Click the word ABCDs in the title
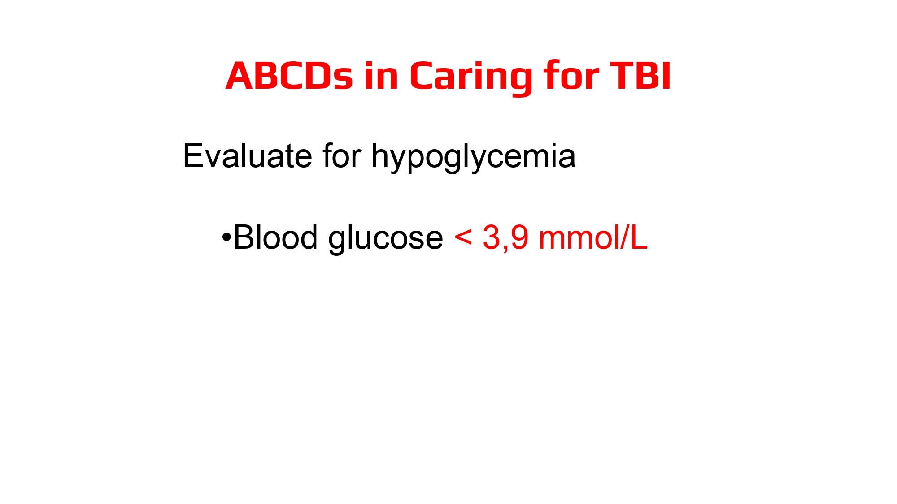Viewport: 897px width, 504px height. (x=289, y=76)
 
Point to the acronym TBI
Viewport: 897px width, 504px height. (x=640, y=76)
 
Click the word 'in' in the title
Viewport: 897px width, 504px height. (x=381, y=76)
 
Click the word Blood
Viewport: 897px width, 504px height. (x=276, y=237)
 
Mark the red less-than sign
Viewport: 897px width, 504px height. (x=463, y=237)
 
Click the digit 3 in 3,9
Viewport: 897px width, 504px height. (x=492, y=237)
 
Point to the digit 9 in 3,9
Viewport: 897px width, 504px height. (x=519, y=237)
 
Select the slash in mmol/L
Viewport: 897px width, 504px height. (x=625, y=237)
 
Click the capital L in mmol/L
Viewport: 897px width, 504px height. (x=639, y=237)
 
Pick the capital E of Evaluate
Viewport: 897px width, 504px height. (x=192, y=156)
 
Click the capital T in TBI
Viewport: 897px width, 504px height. (x=621, y=76)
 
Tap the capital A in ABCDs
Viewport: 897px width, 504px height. (x=239, y=76)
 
